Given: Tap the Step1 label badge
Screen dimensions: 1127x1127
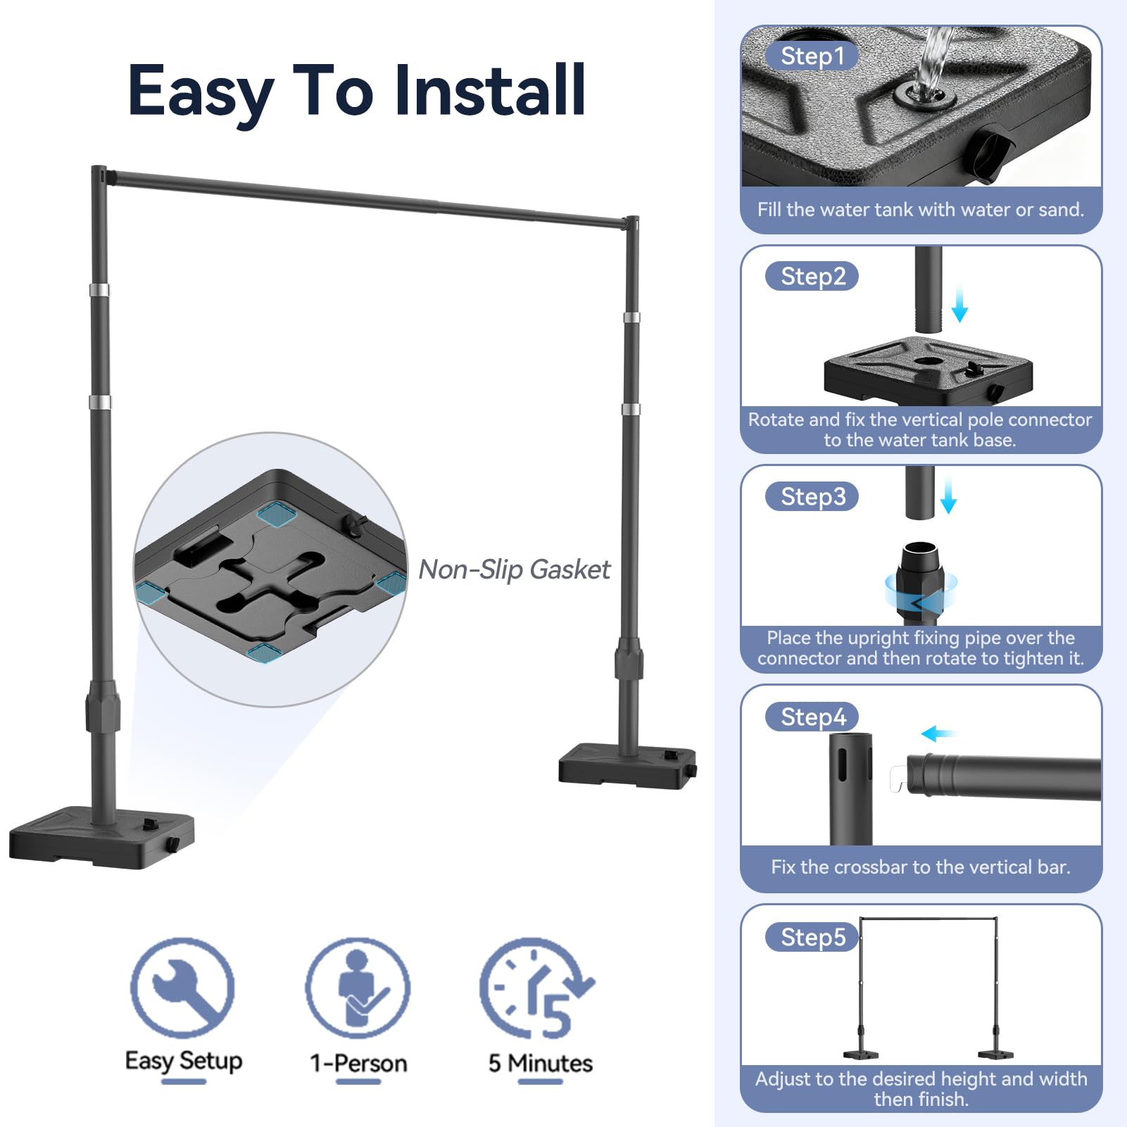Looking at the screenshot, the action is (812, 56).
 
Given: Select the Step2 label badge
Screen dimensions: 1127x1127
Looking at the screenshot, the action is (812, 276).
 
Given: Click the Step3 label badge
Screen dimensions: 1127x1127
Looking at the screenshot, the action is (812, 496).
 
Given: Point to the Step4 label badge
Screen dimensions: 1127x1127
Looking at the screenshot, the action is (812, 717).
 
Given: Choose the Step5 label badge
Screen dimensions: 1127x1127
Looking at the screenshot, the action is (812, 937).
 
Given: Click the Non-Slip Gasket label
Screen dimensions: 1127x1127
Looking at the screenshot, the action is (515, 569).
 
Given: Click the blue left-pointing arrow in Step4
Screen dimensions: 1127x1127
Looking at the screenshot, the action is (939, 734).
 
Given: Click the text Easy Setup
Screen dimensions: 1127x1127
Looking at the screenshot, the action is (184, 1061).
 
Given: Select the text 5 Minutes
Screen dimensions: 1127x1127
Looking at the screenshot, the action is (541, 1062).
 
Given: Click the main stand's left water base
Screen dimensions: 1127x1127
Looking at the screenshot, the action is (101, 838).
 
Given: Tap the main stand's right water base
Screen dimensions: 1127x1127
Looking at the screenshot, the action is (627, 766).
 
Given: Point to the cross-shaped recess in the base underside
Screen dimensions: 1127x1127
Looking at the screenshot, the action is (272, 580).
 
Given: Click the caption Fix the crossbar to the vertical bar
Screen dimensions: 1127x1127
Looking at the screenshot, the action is (921, 867).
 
